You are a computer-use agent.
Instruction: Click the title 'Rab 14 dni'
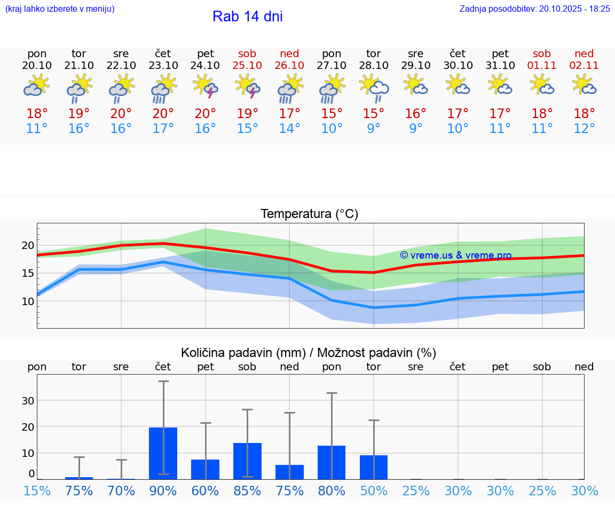247,17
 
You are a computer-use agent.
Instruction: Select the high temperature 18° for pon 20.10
37,113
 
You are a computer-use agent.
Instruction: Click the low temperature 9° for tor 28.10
373,128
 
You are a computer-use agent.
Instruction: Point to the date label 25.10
247,65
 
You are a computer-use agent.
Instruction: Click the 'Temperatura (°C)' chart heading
309,214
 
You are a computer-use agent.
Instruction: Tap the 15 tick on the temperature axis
28,273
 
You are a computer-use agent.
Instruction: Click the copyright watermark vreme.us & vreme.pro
456,255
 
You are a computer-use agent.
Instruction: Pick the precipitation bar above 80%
332,462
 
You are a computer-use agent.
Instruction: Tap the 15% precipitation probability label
37,491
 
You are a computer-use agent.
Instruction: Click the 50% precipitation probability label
373,491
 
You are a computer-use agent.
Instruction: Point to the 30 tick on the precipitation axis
28,400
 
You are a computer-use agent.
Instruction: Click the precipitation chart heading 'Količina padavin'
309,353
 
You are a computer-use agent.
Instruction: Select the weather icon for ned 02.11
584,85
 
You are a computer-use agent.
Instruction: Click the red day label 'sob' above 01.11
542,53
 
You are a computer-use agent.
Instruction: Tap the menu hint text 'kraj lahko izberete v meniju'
60,9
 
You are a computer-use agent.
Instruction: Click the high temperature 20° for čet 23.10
163,113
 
